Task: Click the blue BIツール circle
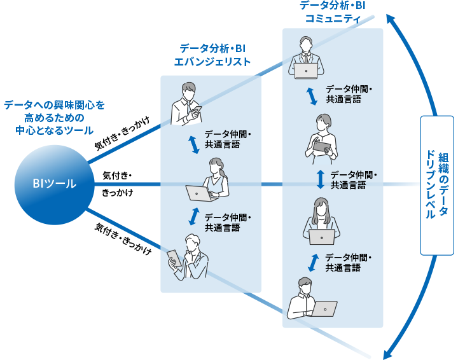(x=54, y=184)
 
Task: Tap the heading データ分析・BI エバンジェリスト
(x=212, y=55)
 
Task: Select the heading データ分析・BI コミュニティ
(x=333, y=12)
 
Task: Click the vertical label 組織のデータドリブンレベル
(x=437, y=185)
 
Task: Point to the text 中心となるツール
(x=55, y=130)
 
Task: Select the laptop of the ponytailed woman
(x=200, y=193)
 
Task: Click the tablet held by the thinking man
(x=174, y=258)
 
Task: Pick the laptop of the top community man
(x=306, y=71)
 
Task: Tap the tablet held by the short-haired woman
(x=322, y=146)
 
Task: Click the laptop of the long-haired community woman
(x=322, y=237)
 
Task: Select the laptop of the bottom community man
(x=324, y=309)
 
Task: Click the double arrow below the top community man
(x=312, y=96)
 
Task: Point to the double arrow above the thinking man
(x=194, y=216)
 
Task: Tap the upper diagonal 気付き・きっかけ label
(x=122, y=133)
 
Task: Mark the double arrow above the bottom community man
(x=314, y=263)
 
